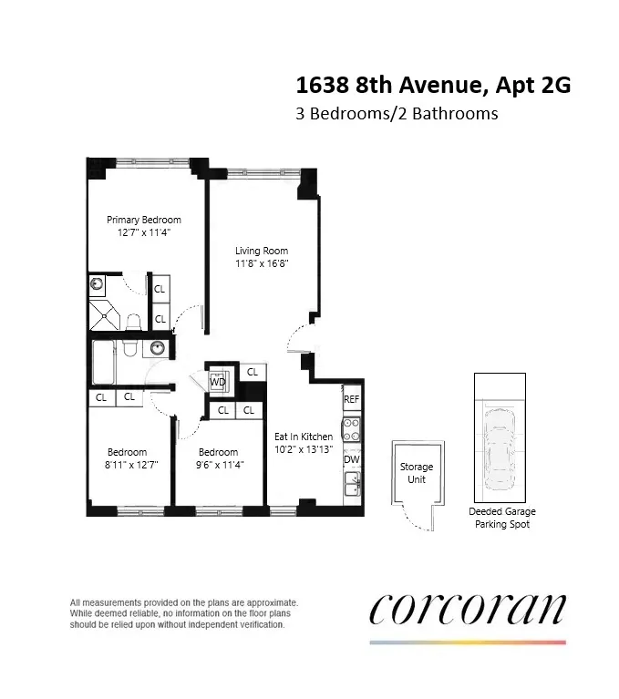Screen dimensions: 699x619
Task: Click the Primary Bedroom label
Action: coord(143,220)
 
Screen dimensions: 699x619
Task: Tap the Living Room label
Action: coord(262,251)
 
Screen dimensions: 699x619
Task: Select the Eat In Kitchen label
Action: coord(304,437)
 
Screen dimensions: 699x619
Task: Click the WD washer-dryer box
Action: coord(219,382)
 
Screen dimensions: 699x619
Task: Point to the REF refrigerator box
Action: coord(352,399)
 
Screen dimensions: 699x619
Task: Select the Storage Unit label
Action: coord(417,473)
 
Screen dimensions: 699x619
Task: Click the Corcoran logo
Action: coord(468,610)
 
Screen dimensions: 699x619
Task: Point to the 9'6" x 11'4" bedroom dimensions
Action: coord(218,464)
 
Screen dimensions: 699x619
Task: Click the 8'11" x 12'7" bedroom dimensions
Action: coord(127,464)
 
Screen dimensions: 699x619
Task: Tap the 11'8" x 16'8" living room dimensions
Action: coord(262,263)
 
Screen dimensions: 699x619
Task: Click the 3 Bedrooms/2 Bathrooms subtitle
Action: coord(396,115)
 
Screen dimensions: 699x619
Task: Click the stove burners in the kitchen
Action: coord(352,429)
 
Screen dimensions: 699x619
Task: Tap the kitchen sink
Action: coord(352,482)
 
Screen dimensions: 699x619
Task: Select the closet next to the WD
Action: coord(252,373)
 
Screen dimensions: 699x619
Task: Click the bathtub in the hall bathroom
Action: coord(107,362)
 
